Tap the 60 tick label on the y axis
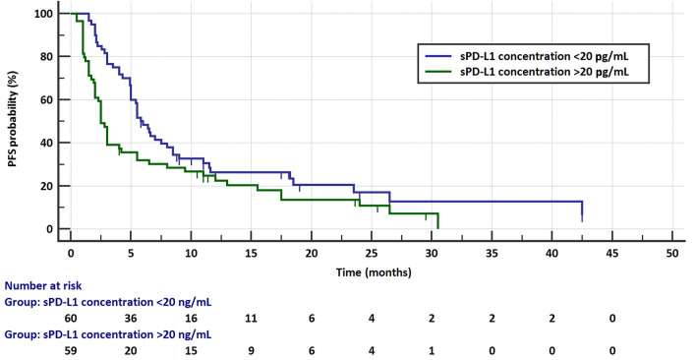coord(48,100)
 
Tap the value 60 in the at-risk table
coord(71,321)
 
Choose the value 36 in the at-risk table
coord(131,321)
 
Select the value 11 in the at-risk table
coord(252,321)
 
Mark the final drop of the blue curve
coord(582,211)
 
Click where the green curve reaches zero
coord(437,227)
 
